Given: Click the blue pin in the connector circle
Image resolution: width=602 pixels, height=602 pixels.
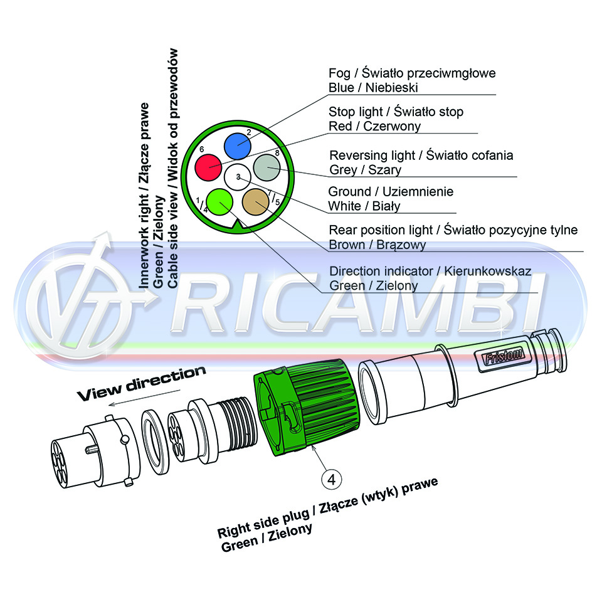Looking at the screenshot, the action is [x=238, y=146].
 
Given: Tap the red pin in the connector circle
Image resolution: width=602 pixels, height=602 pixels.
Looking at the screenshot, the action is [x=208, y=167].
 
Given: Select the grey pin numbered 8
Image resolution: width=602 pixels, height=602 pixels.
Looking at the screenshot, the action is [x=267, y=167].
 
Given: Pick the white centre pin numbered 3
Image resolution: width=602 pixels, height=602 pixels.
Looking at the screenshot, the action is [x=238, y=177].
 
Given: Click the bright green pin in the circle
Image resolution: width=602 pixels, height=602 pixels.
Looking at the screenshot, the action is [x=219, y=202].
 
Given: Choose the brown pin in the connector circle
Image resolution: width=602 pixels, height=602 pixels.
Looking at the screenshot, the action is [x=256, y=202].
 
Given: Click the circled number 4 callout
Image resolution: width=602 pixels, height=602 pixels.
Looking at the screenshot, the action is [x=331, y=479].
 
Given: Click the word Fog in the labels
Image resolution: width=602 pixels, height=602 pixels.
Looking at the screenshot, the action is [x=339, y=73].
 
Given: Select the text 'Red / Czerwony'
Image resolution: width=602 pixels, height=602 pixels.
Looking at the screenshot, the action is [x=374, y=126].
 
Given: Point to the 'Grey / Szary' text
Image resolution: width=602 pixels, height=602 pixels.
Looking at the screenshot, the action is [x=365, y=169].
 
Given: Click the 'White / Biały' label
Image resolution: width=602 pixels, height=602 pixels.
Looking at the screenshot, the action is [x=364, y=206].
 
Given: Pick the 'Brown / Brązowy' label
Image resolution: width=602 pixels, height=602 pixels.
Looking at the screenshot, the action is [x=378, y=245].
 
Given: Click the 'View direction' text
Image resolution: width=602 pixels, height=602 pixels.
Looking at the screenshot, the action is [x=141, y=383].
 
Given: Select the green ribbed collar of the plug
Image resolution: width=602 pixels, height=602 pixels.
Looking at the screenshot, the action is [x=307, y=407].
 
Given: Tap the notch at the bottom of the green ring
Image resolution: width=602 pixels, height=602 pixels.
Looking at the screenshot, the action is [x=238, y=226].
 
